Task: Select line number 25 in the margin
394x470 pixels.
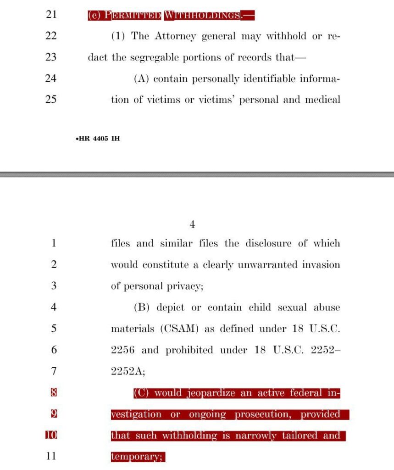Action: (51, 99)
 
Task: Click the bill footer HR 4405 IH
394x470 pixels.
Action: (97, 138)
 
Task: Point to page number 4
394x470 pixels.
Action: (193, 224)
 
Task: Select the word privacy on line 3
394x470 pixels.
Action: (185, 286)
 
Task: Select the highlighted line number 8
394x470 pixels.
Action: (53, 393)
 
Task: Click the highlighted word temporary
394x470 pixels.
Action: (137, 457)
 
